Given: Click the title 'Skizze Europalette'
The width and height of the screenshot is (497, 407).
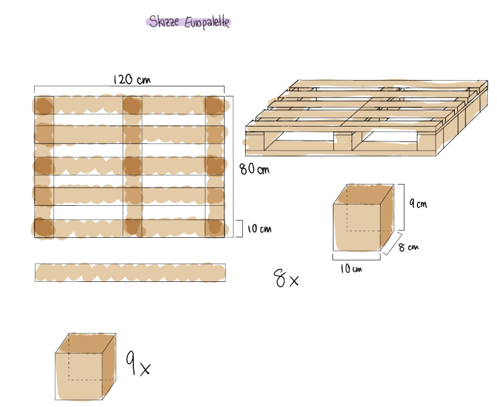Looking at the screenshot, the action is [x=189, y=22].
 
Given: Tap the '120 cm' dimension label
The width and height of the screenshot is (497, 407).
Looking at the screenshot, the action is [x=132, y=79].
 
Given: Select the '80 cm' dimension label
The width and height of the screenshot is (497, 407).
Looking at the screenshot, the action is [x=254, y=169].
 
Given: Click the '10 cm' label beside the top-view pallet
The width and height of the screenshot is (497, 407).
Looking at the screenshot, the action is [x=259, y=228].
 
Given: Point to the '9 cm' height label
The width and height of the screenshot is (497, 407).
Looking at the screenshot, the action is [x=418, y=203].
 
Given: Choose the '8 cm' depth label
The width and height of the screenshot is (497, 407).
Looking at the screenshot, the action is [x=409, y=247].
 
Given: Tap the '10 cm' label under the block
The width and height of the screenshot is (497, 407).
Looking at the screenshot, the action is [x=351, y=269].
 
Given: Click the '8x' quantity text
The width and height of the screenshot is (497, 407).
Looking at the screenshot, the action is [x=286, y=278].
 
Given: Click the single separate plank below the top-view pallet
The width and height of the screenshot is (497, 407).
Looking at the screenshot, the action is [x=130, y=273].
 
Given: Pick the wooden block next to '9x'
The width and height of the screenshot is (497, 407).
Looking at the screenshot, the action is [x=85, y=366].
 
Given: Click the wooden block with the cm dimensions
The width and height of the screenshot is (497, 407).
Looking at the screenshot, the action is [x=364, y=217].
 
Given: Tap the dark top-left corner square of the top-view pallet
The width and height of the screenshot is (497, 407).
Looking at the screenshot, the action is [x=44, y=105].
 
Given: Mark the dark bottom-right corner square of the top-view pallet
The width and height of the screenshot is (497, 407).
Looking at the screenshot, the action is [x=215, y=228].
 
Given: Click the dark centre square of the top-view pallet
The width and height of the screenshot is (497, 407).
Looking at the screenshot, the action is [x=133, y=166].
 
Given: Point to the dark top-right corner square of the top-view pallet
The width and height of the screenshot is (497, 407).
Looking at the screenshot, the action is [x=215, y=105].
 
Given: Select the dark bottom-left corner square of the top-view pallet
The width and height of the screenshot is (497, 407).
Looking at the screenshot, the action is [x=44, y=228].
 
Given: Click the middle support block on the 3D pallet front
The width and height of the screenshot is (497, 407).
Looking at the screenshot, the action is [x=343, y=142].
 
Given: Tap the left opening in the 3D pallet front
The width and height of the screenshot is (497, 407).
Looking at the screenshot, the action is [x=299, y=141].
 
